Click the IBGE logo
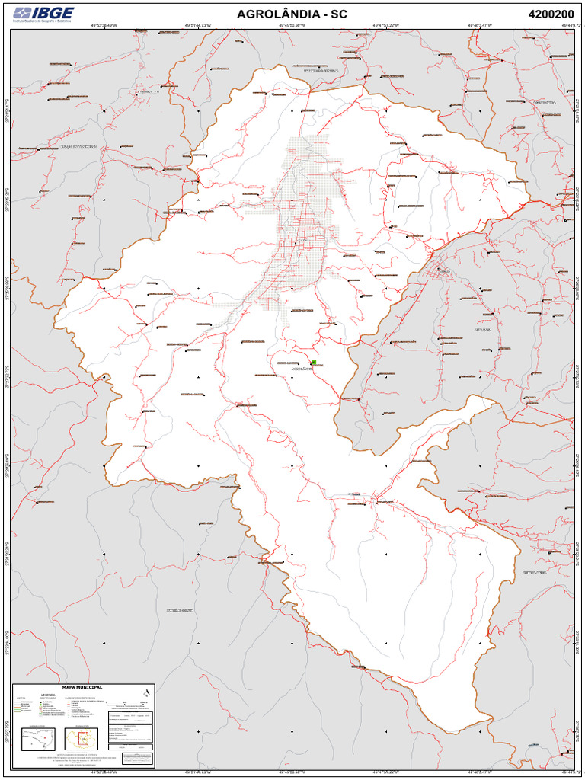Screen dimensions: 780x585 pyautogui.click(x=43, y=14)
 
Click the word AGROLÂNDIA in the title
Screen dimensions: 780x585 pyautogui.click(x=278, y=14)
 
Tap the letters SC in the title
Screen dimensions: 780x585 pyautogui.click(x=339, y=14)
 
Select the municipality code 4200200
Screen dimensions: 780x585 pyautogui.click(x=551, y=14)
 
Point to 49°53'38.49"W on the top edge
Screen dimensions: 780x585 pyautogui.click(x=104, y=25)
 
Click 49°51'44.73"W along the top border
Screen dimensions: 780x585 pyautogui.click(x=197, y=25)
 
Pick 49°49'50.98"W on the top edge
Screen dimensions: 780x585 pyautogui.click(x=292, y=25)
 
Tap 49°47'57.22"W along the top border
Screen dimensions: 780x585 pyautogui.click(x=386, y=25)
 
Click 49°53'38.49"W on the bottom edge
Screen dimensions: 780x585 pyautogui.click(x=104, y=772)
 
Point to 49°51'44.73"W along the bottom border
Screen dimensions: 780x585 pyautogui.click(x=197, y=772)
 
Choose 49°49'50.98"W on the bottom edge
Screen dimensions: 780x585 pyautogui.click(x=292, y=772)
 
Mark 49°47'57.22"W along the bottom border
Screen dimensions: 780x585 pyautogui.click(x=386, y=772)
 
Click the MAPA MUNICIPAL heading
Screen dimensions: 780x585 pyautogui.click(x=82, y=686)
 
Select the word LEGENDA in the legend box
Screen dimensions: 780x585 pyautogui.click(x=48, y=695)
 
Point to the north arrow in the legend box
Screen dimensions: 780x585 pyautogui.click(x=145, y=692)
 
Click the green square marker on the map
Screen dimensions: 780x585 pyautogui.click(x=314, y=363)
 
